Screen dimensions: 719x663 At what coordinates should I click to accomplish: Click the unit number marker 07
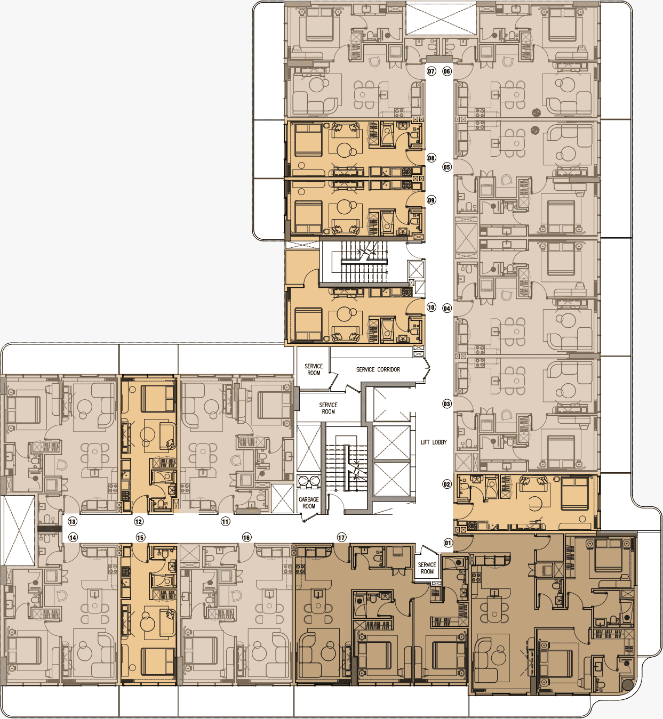coord(431,71)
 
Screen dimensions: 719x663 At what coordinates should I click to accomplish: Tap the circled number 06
coord(447,71)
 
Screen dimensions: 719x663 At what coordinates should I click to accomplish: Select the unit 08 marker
coord(431,158)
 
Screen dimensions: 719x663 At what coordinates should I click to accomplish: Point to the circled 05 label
coord(447,167)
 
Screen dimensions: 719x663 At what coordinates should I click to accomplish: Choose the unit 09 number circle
coord(431,200)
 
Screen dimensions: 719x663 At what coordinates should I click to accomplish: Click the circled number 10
coord(431,308)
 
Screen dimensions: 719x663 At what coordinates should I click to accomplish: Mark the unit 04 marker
coord(447,308)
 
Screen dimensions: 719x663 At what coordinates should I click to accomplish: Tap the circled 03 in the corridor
coord(447,404)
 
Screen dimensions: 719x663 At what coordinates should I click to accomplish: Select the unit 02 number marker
coord(447,484)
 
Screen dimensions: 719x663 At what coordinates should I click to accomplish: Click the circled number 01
coord(448,543)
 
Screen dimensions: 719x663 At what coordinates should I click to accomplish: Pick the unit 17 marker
coord(341,537)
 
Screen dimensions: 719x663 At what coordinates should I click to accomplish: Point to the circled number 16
coord(246,537)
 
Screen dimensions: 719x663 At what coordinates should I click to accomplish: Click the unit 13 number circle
coord(73,522)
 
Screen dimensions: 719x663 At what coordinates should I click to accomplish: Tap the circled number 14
coord(73,537)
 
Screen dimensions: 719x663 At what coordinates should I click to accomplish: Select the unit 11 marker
coord(226,522)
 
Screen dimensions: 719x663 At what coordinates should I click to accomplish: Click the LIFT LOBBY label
coord(433,442)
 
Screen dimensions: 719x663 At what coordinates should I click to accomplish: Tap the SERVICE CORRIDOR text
coord(378,369)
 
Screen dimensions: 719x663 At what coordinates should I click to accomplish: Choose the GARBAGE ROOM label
coord(309,503)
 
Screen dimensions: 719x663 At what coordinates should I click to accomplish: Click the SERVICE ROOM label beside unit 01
coord(427,568)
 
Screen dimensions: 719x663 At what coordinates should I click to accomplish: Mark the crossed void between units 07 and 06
coord(440,19)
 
